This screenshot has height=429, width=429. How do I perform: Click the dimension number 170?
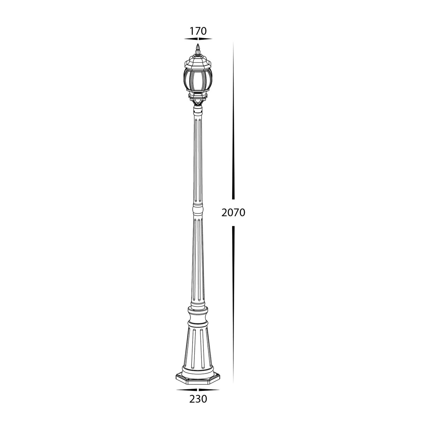(x=198, y=31)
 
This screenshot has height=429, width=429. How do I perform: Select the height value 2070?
(x=233, y=212)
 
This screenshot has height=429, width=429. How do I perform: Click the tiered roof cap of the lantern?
(x=198, y=62)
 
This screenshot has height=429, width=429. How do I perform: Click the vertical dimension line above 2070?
(x=233, y=120)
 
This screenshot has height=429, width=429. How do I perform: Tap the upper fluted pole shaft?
(x=198, y=159)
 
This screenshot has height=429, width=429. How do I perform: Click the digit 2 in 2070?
(x=224, y=212)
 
